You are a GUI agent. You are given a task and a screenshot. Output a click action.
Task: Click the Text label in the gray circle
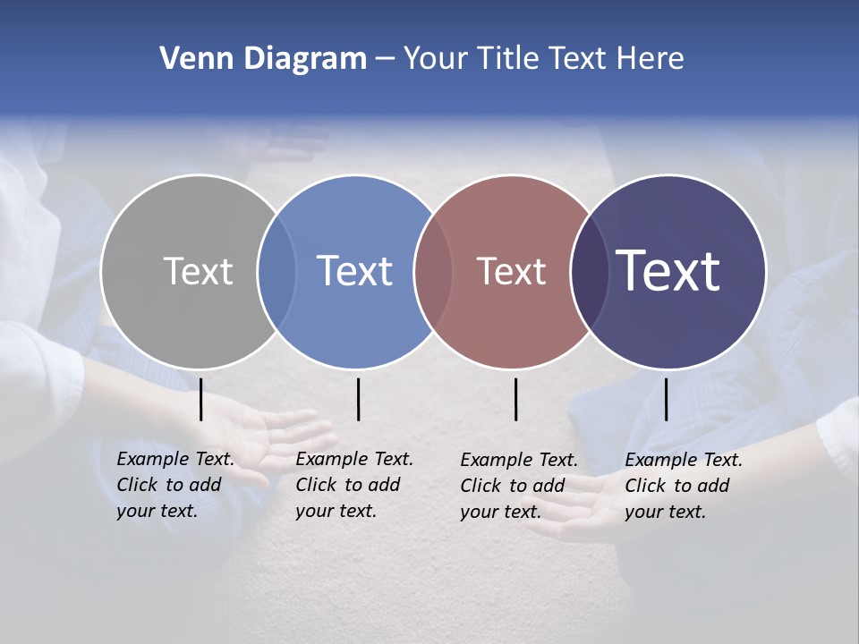[198, 271]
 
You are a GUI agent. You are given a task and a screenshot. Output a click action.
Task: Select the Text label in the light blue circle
[354, 271]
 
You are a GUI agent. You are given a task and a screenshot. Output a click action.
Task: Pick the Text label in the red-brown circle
[511, 271]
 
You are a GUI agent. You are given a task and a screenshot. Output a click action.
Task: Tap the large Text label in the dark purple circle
[668, 271]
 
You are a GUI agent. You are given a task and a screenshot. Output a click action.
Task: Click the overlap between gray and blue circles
[276, 271]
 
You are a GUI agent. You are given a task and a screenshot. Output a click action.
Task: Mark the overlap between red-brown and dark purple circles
[590, 271]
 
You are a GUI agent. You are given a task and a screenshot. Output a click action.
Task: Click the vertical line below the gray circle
[201, 399]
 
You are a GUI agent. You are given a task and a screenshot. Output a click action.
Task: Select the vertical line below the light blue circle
[358, 399]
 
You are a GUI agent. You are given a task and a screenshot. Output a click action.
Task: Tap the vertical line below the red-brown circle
[515, 399]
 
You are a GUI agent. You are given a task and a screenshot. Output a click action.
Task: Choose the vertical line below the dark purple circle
[666, 399]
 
